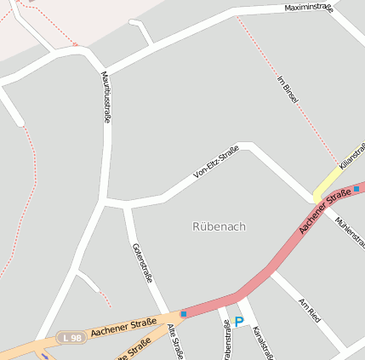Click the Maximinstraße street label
[x=308, y=8]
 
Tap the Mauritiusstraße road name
[x=106, y=97]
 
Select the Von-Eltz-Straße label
[x=216, y=163]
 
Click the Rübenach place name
[x=219, y=226]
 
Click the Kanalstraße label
[x=263, y=341]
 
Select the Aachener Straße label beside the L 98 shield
[x=123, y=326]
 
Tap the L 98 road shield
[x=71, y=338]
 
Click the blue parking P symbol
[x=239, y=322]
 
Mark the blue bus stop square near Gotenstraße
[x=183, y=314]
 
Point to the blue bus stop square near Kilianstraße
[x=356, y=189]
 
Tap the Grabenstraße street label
[x=226, y=340]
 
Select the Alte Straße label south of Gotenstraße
[x=175, y=340]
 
